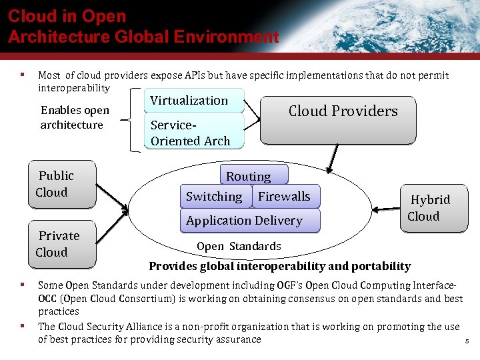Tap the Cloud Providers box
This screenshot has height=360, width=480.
tap(337, 120)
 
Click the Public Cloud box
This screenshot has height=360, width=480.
tap(62, 184)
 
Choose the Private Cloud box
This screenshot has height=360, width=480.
tap(62, 244)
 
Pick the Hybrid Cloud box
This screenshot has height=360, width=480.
tap(434, 208)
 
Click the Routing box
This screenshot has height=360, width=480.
tap(254, 175)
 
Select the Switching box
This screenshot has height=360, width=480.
tap(214, 196)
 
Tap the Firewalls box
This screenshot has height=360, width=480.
tap(285, 196)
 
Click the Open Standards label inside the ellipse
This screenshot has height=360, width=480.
tap(239, 246)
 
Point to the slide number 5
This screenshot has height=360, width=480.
tap(467, 342)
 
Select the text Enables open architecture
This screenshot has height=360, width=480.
tap(74, 117)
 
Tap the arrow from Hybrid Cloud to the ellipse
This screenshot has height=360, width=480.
tap(385, 210)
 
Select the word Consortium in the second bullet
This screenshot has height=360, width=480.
tap(144, 298)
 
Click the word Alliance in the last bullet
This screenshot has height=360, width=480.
tap(137, 327)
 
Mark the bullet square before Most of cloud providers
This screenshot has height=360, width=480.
tap(23, 75)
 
